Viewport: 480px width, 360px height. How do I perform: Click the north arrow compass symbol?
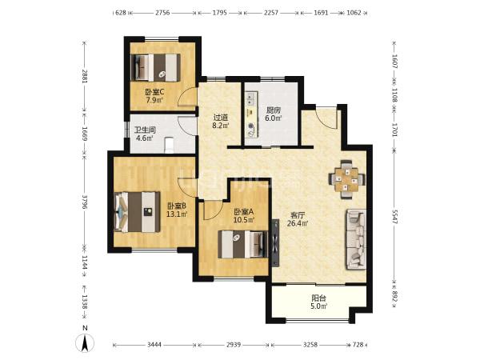click(85, 342)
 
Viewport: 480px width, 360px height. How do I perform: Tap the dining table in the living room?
click(346, 179)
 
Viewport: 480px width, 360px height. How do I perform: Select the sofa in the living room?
click(356, 239)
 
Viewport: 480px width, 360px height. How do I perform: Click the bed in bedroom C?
click(154, 68)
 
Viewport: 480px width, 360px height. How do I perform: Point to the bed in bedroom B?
click(137, 212)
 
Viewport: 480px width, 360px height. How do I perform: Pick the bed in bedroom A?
click(242, 244)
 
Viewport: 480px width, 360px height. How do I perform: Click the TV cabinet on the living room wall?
click(275, 243)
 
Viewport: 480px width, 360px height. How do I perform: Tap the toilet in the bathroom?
click(169, 145)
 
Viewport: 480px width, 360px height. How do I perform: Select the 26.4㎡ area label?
click(298, 223)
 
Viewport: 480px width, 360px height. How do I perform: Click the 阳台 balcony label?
click(318, 298)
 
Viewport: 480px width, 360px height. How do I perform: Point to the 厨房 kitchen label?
click(273, 110)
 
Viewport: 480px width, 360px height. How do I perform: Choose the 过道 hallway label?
click(221, 118)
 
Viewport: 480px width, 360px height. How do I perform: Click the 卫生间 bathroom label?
click(145, 130)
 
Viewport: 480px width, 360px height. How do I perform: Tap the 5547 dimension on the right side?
click(394, 217)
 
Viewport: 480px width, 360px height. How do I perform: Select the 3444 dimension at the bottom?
click(154, 345)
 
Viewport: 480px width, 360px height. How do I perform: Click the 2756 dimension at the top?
click(162, 13)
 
